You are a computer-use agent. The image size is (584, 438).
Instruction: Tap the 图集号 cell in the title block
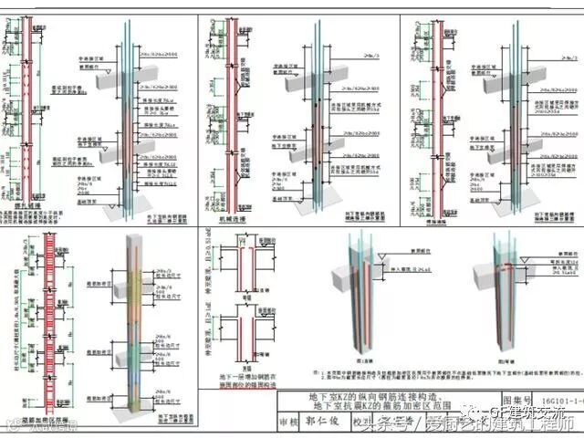tap(517, 400)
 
